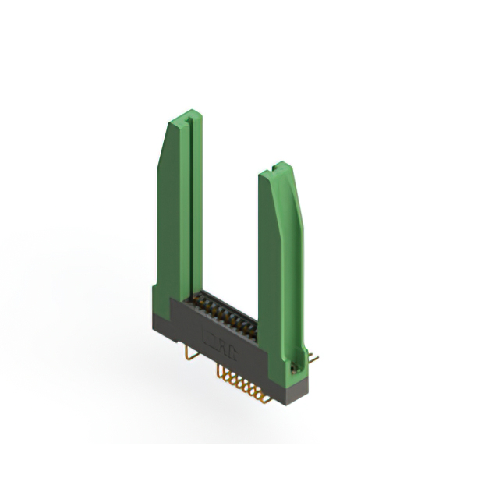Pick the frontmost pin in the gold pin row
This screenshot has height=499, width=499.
265,399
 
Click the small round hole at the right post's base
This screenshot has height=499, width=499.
296,364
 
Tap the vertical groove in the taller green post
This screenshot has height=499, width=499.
187,211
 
